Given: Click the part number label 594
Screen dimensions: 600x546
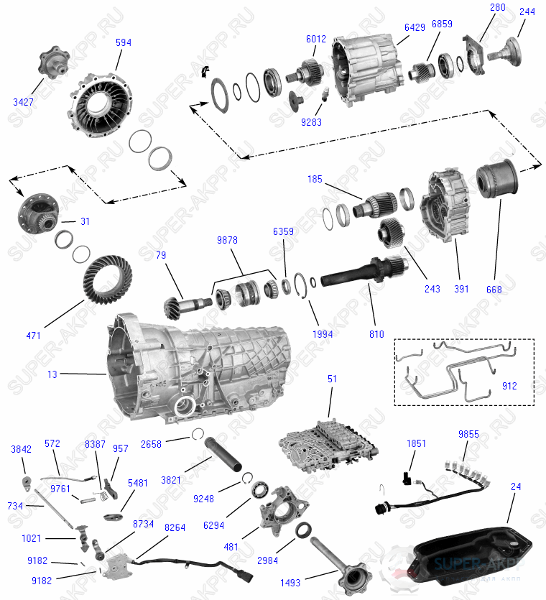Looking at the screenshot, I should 124,43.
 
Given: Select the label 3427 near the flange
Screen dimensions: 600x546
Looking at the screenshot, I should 23,103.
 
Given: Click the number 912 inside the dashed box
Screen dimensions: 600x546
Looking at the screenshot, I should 509,386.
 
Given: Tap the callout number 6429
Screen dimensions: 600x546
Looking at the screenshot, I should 415,27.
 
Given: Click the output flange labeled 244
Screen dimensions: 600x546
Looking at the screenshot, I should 506,50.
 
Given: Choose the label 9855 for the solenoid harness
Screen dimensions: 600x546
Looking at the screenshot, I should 468,434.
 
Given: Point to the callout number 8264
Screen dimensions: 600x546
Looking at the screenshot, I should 175,527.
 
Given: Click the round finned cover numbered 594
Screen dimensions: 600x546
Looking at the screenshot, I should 104,108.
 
